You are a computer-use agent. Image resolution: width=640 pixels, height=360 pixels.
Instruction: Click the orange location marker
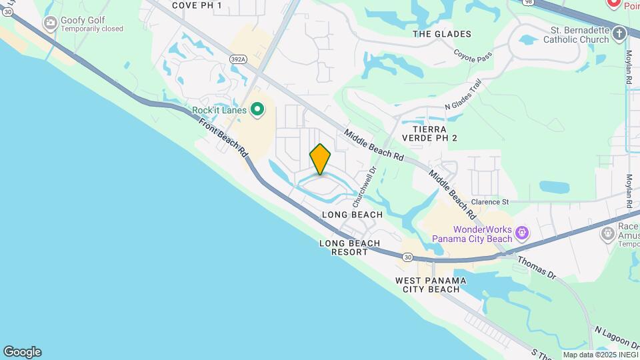[x=321, y=159]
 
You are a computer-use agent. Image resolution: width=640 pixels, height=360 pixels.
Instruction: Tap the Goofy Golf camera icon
[x=50, y=23]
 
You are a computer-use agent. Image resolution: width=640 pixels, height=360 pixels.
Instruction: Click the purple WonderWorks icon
[x=522, y=233]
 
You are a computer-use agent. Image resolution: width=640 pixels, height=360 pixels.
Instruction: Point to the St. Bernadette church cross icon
[x=619, y=33]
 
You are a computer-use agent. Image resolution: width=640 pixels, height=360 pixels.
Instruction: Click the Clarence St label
[x=490, y=201]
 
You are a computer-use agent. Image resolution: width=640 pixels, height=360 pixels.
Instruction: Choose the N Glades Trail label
[x=463, y=97]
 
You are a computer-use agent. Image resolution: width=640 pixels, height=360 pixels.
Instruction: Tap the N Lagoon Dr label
[x=616, y=340]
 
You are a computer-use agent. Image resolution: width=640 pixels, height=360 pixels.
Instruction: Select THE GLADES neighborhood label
[x=442, y=34]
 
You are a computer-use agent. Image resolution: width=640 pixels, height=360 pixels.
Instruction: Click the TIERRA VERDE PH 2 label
[x=438, y=133]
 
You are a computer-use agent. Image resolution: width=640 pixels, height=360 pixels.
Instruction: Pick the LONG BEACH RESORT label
[x=350, y=247]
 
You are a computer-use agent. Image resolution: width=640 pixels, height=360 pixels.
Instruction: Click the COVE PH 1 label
[x=196, y=5]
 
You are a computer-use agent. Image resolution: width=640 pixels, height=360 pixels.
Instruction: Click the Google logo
[x=22, y=352]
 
